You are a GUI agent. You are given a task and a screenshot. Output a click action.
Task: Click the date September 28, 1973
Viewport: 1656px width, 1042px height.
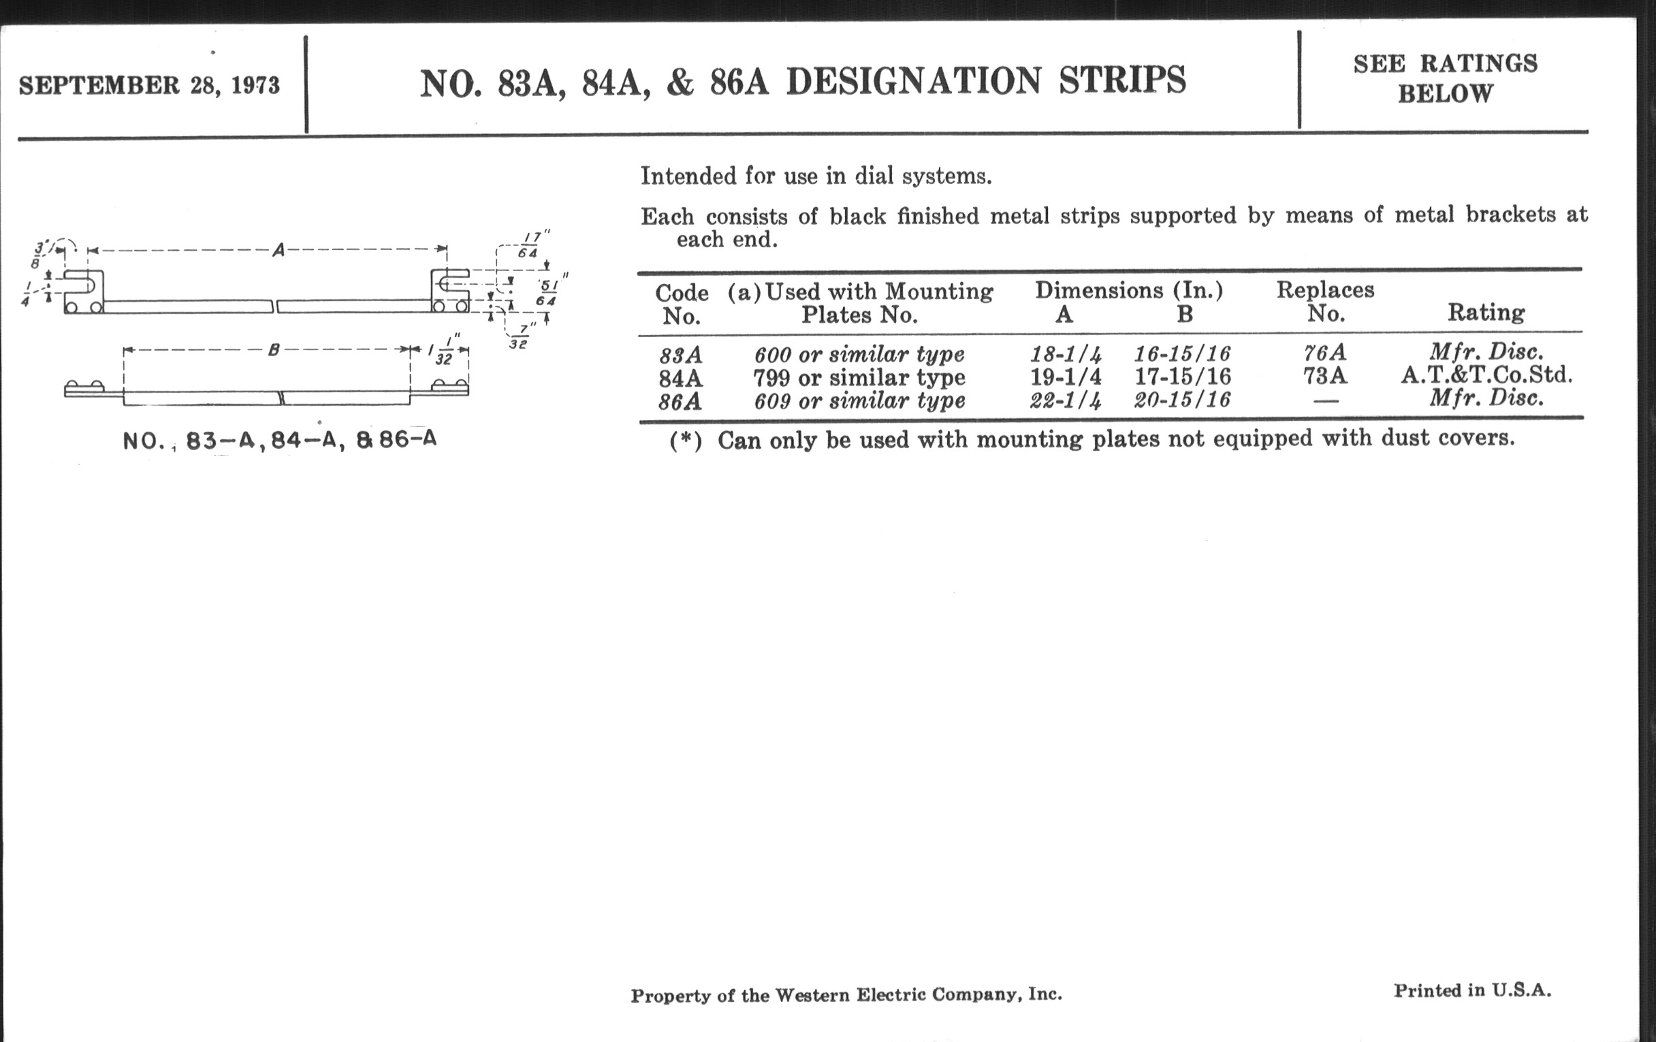(x=149, y=85)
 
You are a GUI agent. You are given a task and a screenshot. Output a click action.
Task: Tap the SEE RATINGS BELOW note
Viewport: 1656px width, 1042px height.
(x=1445, y=78)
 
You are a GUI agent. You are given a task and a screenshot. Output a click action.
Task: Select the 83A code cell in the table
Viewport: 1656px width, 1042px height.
(x=680, y=356)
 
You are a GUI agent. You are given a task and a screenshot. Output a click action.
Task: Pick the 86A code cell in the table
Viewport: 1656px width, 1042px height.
(x=680, y=401)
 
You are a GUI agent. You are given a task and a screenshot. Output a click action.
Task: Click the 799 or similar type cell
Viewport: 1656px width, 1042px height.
(x=859, y=377)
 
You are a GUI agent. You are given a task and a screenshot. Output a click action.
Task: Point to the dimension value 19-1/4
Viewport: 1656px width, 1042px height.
(x=1065, y=377)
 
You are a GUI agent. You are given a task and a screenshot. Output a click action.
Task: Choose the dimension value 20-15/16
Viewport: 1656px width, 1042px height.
(x=1182, y=400)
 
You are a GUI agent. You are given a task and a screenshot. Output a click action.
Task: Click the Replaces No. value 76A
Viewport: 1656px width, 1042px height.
(x=1324, y=353)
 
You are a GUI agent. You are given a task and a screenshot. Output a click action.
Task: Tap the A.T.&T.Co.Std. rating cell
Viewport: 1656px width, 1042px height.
(x=1487, y=375)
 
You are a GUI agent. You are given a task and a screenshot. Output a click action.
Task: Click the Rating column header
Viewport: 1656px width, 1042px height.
(x=1486, y=313)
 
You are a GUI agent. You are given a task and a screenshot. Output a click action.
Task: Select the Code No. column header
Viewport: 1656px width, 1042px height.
(x=682, y=304)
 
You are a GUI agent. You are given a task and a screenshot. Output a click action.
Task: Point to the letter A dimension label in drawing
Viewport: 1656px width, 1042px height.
(x=278, y=250)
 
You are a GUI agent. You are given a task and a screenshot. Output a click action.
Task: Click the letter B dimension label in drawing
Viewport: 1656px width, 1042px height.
(x=273, y=350)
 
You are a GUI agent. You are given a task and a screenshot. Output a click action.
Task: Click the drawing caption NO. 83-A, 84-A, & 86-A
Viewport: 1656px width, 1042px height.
(x=279, y=440)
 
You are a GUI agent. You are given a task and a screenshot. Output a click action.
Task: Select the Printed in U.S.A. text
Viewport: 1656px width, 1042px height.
(x=1472, y=990)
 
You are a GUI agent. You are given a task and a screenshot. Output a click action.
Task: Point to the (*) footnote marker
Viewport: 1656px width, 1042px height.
(x=686, y=441)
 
